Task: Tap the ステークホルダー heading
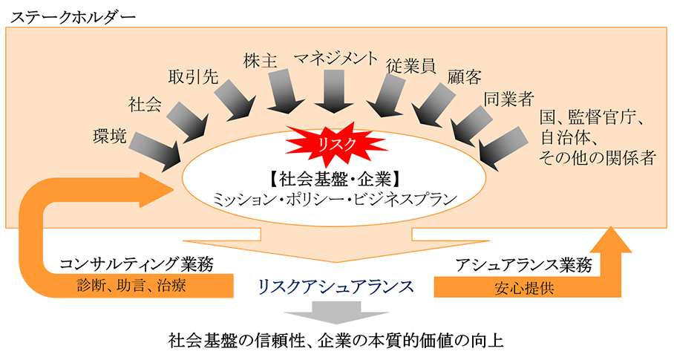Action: coord(73,17)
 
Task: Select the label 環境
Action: coord(110,136)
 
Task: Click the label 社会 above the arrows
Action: coord(145,105)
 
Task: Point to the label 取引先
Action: coord(194,77)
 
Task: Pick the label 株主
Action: coord(260,61)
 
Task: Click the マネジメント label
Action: coord(336,59)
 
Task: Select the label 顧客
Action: coord(464,77)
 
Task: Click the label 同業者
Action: coord(509,99)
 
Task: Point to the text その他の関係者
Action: coord(598,158)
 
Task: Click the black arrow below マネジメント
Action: coord(335,91)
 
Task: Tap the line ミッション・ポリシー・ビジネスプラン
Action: coord(335,200)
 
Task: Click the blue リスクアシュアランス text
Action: coord(336,286)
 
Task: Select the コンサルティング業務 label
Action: coord(137,264)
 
